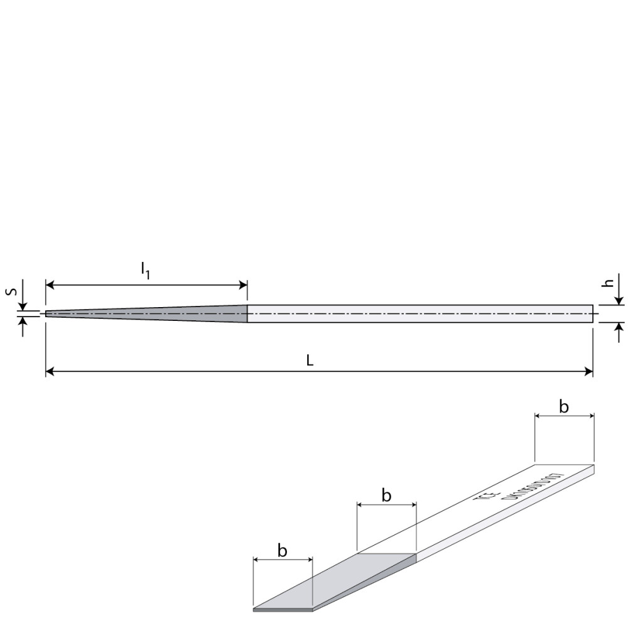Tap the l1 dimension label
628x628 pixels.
pyautogui.click(x=145, y=270)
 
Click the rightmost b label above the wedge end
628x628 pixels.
pyautogui.click(x=564, y=407)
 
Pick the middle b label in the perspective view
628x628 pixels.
pyautogui.click(x=386, y=495)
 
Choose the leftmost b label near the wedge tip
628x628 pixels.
pyautogui.click(x=283, y=551)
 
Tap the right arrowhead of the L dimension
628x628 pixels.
pyautogui.click(x=588, y=372)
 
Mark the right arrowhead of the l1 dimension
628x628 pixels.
pyautogui.click(x=243, y=286)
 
